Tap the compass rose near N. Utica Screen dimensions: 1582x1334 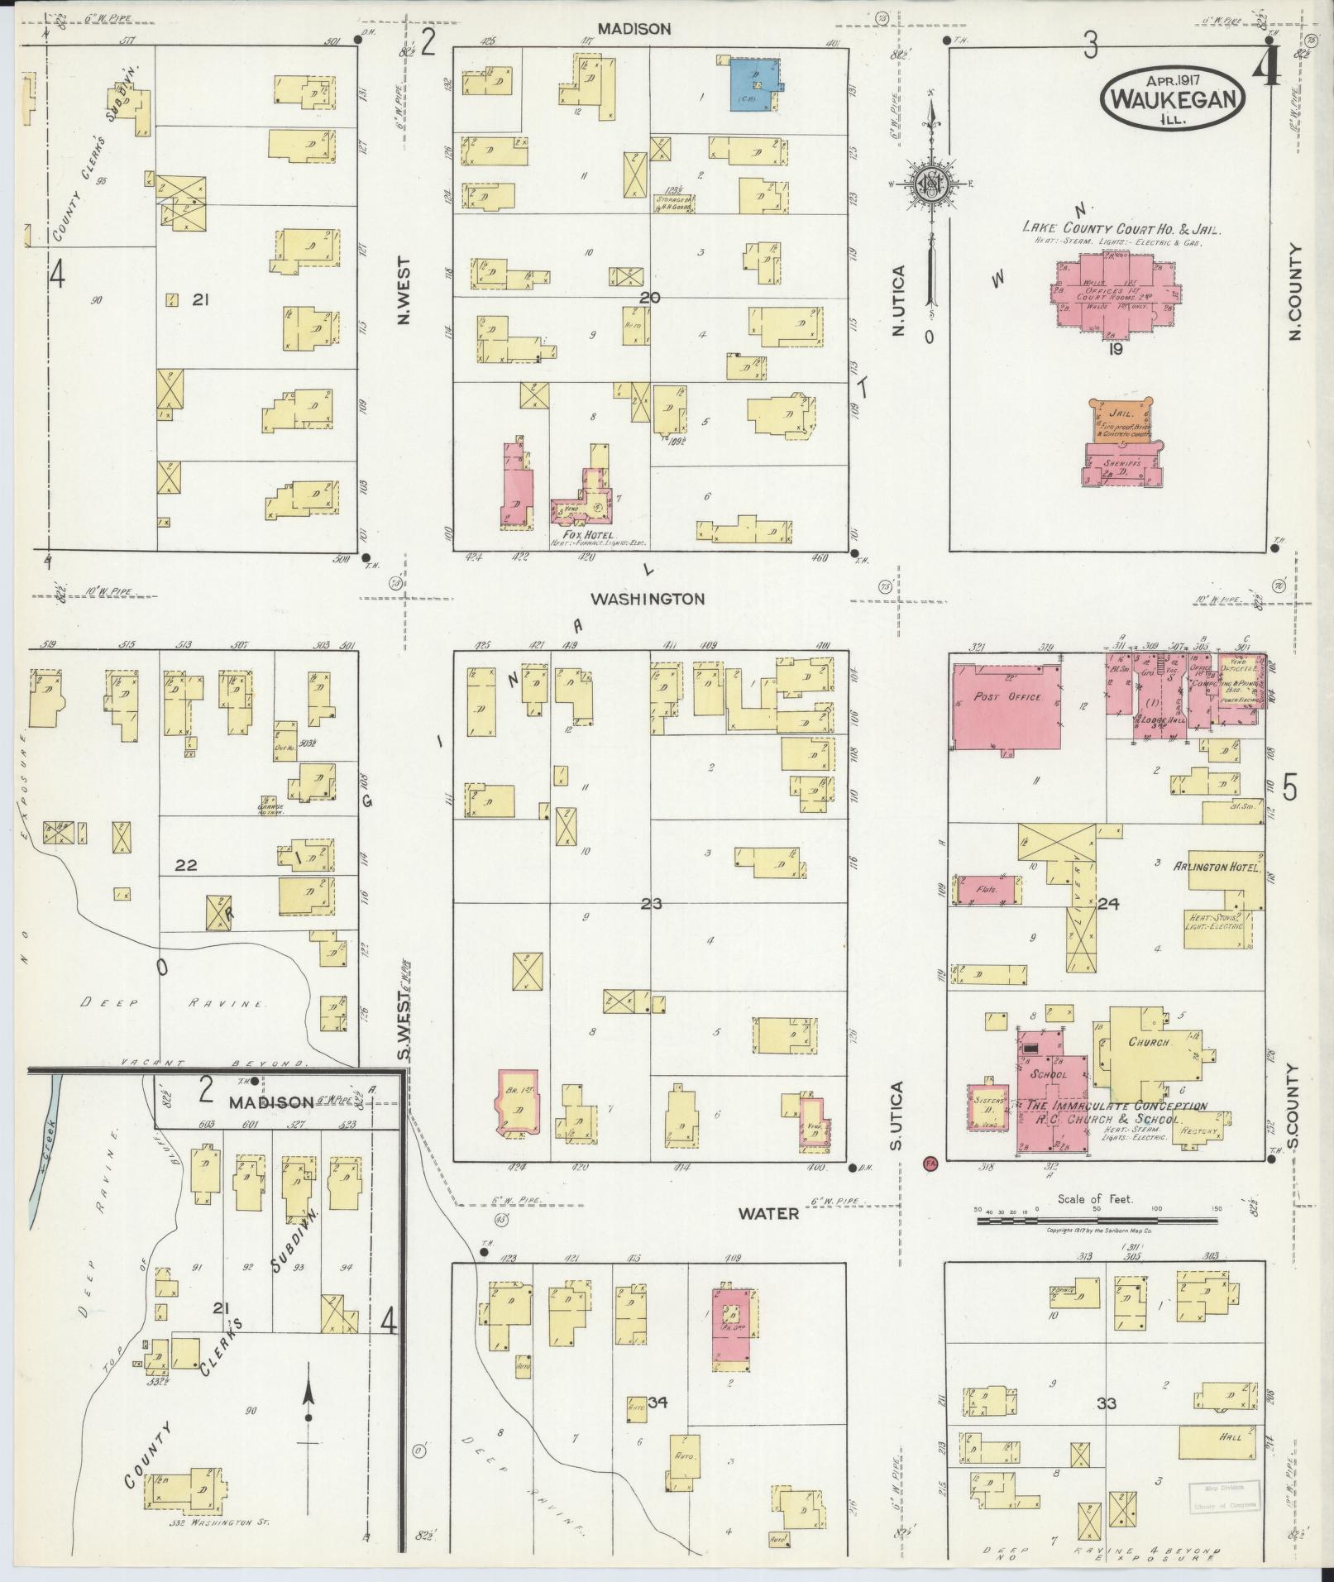click(x=931, y=184)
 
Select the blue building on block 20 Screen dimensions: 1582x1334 click(x=754, y=84)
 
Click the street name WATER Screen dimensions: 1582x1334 click(x=768, y=1213)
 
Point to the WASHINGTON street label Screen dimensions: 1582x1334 click(x=648, y=598)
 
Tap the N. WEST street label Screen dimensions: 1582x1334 click(x=404, y=289)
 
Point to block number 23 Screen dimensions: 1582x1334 click(x=651, y=904)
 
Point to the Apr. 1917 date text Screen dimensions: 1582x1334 click(x=1174, y=80)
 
